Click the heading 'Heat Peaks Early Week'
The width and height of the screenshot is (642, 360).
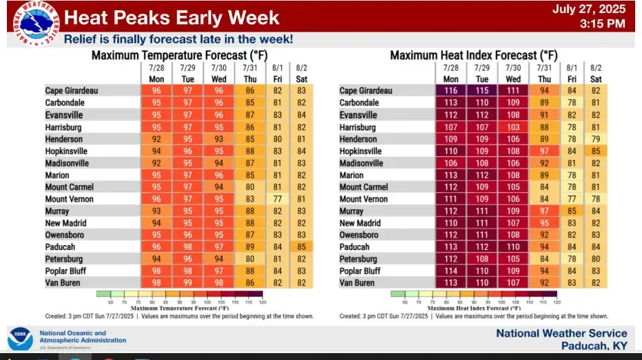click(x=172, y=17)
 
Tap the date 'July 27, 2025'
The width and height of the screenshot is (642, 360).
click(x=589, y=10)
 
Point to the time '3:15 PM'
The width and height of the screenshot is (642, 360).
click(x=603, y=24)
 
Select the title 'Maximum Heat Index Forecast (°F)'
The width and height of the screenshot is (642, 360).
click(x=474, y=55)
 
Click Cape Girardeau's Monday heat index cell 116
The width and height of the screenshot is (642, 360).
click(x=451, y=91)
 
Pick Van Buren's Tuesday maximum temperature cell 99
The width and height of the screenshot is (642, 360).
click(x=187, y=283)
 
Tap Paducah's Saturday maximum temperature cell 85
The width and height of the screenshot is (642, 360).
click(x=301, y=247)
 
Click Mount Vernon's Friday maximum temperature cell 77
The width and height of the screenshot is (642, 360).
click(x=278, y=199)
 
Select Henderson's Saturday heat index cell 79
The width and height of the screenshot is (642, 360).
click(x=596, y=139)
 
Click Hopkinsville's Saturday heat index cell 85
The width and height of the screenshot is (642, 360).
click(x=596, y=151)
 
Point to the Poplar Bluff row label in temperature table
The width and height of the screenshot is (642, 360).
click(x=65, y=271)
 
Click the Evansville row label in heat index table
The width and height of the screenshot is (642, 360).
click(x=358, y=115)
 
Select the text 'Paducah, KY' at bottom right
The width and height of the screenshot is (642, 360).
click(x=594, y=346)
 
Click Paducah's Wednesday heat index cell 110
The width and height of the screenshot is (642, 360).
click(x=513, y=247)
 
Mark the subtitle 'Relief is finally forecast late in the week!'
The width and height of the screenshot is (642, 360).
click(x=178, y=39)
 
